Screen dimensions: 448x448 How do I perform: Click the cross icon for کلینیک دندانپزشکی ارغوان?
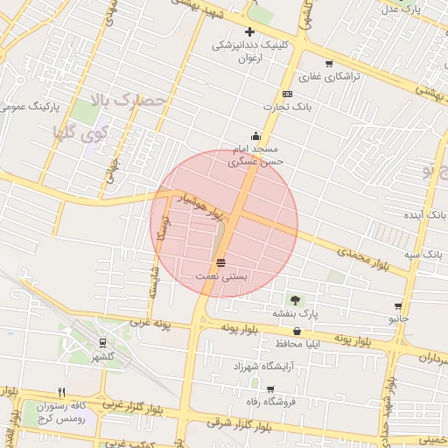click(x=249, y=32)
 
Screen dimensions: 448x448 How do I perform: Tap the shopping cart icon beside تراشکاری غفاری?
click(x=329, y=63)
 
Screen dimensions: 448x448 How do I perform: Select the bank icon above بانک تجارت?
click(x=287, y=94)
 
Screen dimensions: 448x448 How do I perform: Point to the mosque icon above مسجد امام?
click(x=255, y=136)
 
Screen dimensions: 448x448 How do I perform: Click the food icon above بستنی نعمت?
click(x=220, y=262)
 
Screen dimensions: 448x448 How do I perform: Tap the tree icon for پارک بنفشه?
click(x=293, y=298)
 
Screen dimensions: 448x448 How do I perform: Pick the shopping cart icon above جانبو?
click(x=399, y=306)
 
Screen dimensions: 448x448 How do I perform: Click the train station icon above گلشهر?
click(x=103, y=343)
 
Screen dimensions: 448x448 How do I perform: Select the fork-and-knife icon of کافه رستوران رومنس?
click(x=61, y=393)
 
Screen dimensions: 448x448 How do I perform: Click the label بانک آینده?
click(x=425, y=214)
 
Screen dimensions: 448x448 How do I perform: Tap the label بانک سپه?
click(x=423, y=254)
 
